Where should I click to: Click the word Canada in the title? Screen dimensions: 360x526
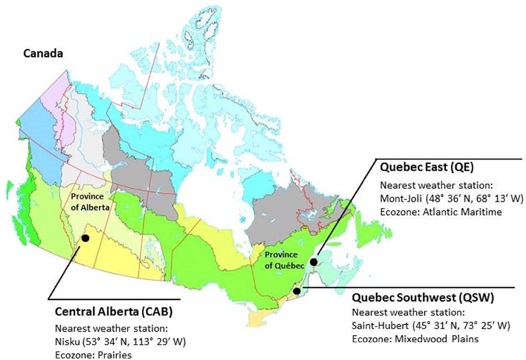click(43, 54)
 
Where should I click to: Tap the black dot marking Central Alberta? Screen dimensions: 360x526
click(85, 238)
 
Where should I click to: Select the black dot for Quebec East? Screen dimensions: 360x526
click(313, 262)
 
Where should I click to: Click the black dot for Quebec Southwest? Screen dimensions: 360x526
click(297, 291)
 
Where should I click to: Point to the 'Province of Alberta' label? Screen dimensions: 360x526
click(90, 202)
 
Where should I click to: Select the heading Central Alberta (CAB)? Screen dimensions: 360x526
click(114, 312)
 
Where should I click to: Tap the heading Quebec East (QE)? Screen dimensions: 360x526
click(426, 168)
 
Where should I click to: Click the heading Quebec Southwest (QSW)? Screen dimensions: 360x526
click(423, 298)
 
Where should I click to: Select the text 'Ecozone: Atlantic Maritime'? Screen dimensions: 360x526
click(441, 212)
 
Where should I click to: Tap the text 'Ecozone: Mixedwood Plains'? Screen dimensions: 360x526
click(415, 339)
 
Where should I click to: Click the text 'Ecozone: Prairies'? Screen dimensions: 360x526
click(93, 355)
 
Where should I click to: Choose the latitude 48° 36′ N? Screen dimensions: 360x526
click(450, 199)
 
